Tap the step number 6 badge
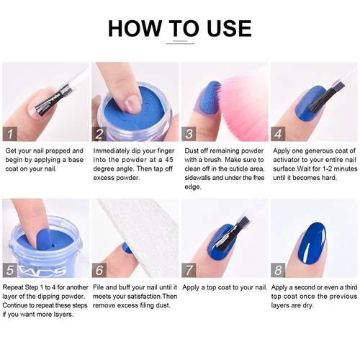coord(100,271)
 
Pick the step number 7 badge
coord(189,271)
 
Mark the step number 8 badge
coord(279,271)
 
